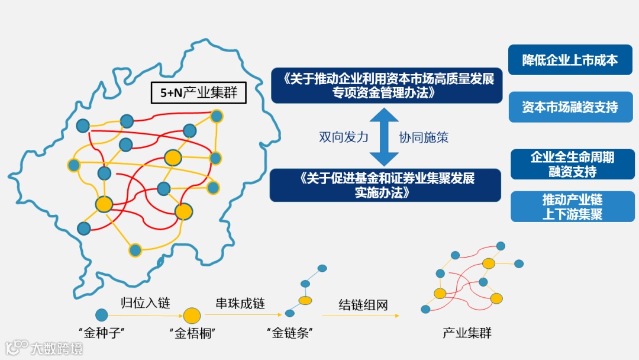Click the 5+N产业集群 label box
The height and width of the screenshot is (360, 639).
[199, 92]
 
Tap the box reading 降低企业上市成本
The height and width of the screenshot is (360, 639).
[570, 60]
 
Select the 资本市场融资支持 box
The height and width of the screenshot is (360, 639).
[570, 107]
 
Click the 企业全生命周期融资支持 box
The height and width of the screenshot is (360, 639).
[572, 165]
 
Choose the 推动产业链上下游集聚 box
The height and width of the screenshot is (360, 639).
[572, 207]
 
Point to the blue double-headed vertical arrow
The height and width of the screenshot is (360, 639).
[385, 137]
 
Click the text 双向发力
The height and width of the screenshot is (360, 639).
[344, 137]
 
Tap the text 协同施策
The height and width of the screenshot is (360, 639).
[424, 137]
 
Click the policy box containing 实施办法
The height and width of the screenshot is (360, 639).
[386, 185]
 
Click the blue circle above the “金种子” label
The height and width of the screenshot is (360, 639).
[102, 315]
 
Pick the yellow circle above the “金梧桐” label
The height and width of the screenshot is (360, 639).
[191, 316]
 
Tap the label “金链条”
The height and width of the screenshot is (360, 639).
[289, 333]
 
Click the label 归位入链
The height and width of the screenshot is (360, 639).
[146, 303]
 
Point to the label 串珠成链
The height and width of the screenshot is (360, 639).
[240, 303]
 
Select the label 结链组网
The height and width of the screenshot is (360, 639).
[363, 305]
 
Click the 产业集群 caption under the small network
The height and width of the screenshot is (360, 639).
[467, 333]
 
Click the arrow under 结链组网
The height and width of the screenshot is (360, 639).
[360, 316]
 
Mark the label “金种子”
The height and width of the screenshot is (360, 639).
[101, 333]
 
